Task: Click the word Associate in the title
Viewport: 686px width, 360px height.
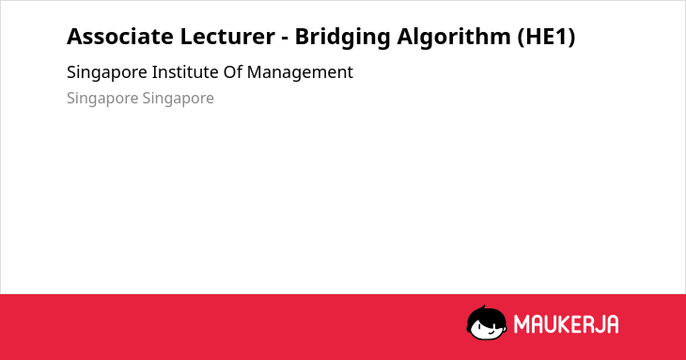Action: coord(120,37)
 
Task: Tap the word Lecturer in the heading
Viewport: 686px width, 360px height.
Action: coord(227,37)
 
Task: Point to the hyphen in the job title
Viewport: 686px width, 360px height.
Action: coord(285,39)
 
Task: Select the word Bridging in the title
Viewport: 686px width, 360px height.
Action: coord(343,38)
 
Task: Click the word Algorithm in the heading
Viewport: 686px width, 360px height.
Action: coord(454,38)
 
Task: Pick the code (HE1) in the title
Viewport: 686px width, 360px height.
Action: coord(546,37)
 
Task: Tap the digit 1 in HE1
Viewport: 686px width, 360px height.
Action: coord(561,37)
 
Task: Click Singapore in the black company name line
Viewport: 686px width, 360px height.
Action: coord(107,73)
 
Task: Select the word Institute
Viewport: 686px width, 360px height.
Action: coord(185,72)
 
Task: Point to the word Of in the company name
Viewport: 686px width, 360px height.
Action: coord(233,72)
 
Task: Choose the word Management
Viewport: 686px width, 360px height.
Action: coord(300,73)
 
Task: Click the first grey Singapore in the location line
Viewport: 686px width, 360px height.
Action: coord(102,99)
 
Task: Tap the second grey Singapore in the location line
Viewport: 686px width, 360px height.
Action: coord(178,99)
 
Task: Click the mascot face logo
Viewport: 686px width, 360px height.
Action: coord(487,323)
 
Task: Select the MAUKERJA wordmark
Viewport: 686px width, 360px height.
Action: coord(566,324)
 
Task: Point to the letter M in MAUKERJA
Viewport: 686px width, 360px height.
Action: coord(522,324)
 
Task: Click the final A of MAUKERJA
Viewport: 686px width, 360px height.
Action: coord(613,324)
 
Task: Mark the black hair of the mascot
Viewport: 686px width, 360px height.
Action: coord(486,314)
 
